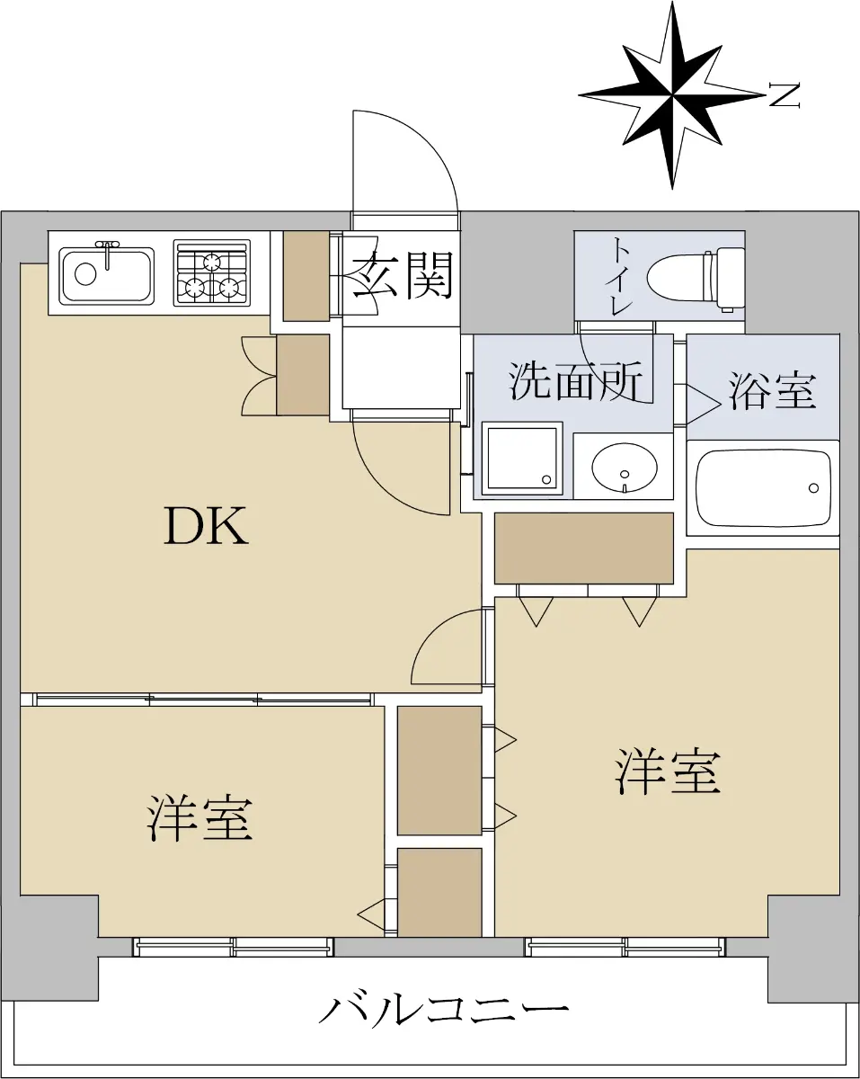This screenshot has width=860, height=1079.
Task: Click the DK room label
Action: pyautogui.click(x=207, y=526)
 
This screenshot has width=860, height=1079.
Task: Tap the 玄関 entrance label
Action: pyautogui.click(x=403, y=275)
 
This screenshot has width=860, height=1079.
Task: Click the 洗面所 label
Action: pyautogui.click(x=576, y=381)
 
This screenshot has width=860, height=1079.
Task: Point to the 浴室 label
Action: pyautogui.click(x=772, y=390)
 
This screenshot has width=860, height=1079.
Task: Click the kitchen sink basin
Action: pyautogui.click(x=106, y=276)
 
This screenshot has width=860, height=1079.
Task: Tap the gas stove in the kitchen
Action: pyautogui.click(x=212, y=273)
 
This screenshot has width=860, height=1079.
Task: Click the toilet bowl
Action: pyautogui.click(x=696, y=278)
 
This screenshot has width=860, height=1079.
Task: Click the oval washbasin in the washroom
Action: pyautogui.click(x=624, y=468)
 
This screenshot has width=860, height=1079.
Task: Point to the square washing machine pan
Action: pyautogui.click(x=522, y=459)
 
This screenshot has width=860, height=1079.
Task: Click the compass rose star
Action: pyautogui.click(x=672, y=94)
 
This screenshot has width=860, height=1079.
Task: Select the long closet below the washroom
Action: pyautogui.click(x=584, y=548)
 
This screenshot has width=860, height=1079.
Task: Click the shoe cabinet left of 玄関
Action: pyautogui.click(x=306, y=276)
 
